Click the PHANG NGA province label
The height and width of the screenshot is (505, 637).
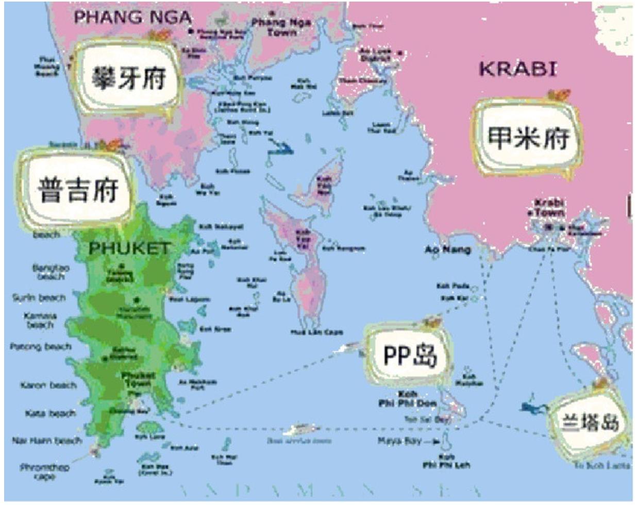coord(132,17)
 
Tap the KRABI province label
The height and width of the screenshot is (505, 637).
coord(518,69)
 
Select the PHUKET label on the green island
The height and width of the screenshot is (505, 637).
coord(129,249)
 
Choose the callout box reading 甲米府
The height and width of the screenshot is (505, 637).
coord(528,137)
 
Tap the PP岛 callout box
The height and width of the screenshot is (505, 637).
coord(410,355)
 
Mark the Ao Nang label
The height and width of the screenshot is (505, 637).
coord(447,250)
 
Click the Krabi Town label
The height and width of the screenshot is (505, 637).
coord(549,208)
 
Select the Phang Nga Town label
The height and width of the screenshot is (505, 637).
coord(281,27)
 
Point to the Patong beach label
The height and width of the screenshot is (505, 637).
coord(40,347)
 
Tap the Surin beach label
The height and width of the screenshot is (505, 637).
coord(39,298)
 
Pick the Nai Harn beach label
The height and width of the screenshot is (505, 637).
coord(47,441)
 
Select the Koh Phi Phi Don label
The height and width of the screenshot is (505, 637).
coord(408,399)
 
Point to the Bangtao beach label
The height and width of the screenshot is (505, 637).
coord(51,272)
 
